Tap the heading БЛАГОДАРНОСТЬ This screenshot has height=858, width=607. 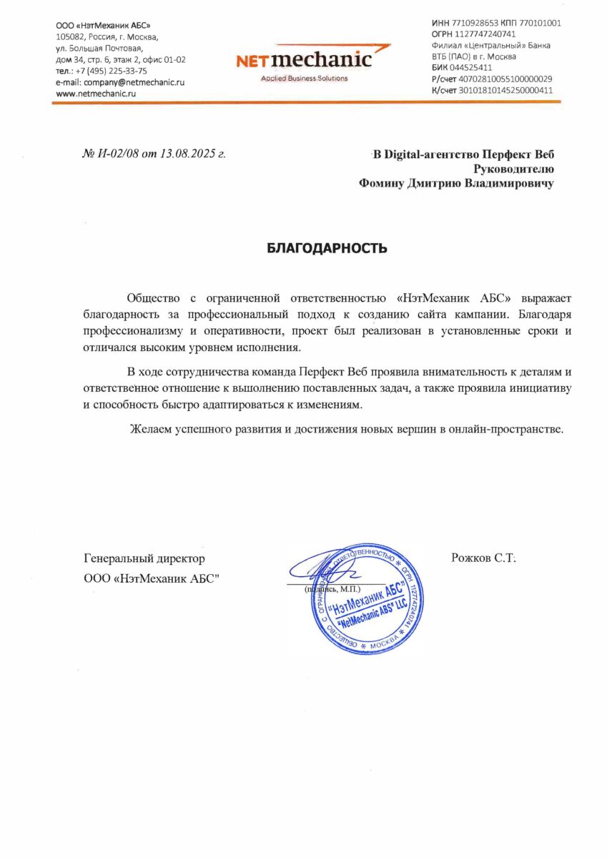(x=327, y=248)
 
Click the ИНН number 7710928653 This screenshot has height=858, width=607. (x=477, y=23)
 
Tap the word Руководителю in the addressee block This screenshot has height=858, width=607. (x=513, y=169)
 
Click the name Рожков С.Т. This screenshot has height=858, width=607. (x=483, y=558)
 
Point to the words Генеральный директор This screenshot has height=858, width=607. (x=144, y=558)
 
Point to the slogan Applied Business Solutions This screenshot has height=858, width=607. (x=305, y=78)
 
